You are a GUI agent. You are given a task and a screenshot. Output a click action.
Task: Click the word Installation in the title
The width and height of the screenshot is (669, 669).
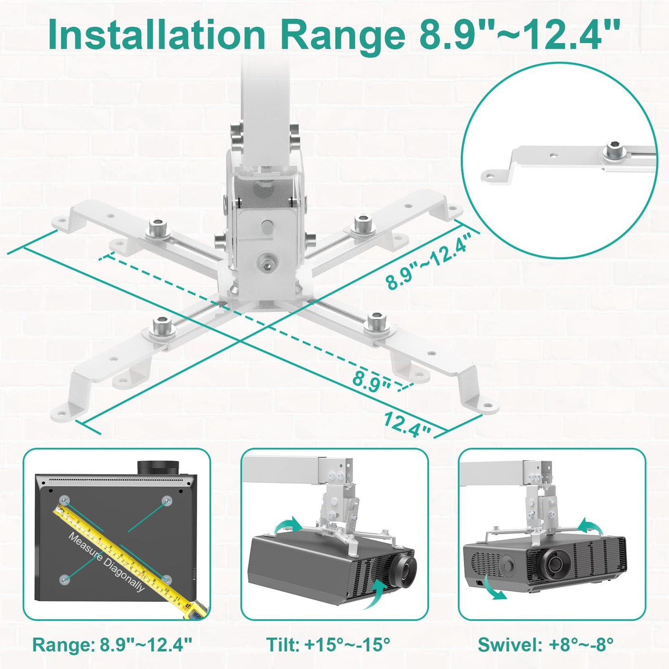click(156, 35)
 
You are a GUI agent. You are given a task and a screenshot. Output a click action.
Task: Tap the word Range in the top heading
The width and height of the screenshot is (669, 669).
click(342, 35)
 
